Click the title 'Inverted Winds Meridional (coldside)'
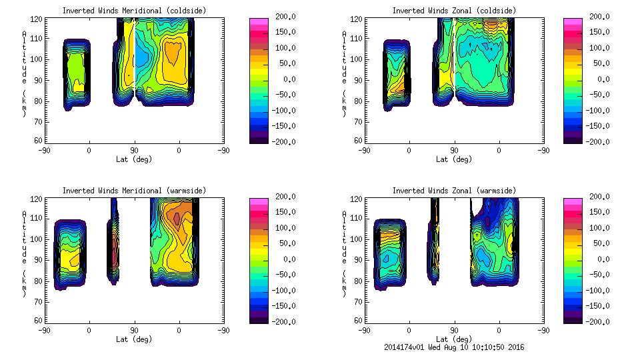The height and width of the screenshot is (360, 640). [x=134, y=11]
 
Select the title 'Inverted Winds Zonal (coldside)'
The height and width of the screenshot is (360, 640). [x=453, y=11]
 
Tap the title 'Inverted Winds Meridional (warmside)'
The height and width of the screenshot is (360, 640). [x=134, y=191]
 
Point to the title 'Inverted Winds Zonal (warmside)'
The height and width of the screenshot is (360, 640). [x=453, y=191]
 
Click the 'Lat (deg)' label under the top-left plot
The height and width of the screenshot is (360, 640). [x=134, y=159]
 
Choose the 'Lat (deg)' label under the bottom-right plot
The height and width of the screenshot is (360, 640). [x=453, y=339]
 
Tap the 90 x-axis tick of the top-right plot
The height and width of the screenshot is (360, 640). [x=454, y=150]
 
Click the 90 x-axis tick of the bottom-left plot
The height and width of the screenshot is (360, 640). [x=134, y=330]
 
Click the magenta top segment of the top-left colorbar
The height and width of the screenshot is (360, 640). [x=258, y=22]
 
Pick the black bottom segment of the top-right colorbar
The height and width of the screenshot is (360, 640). [x=572, y=139]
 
